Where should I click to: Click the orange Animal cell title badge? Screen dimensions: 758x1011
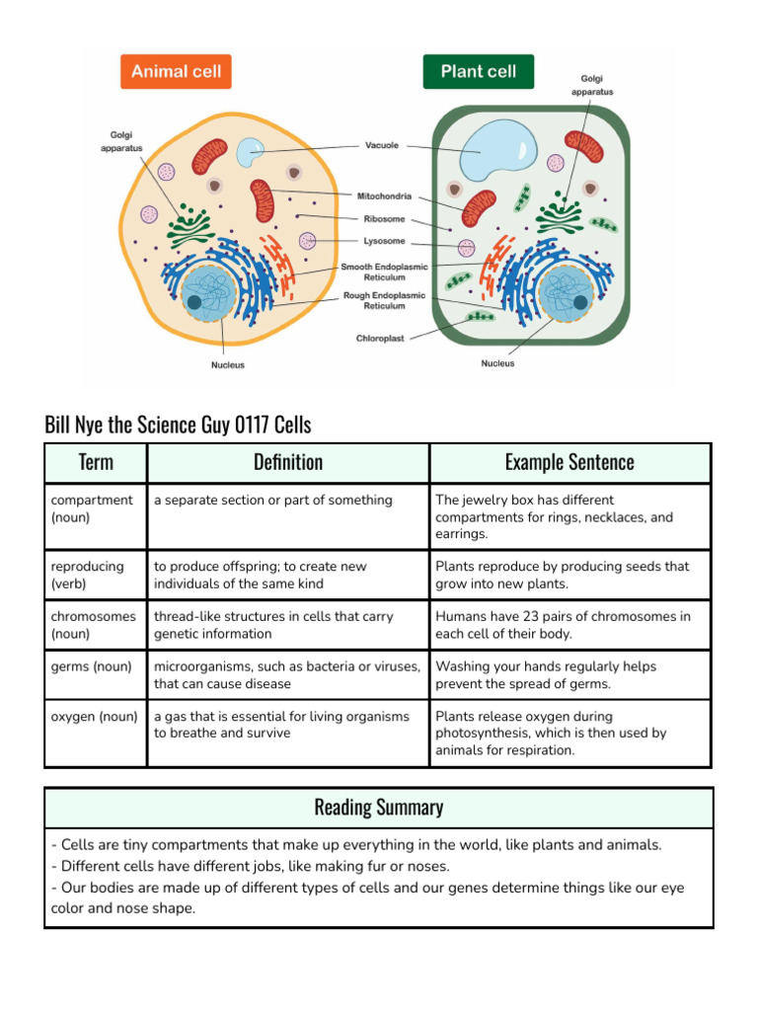point(176,72)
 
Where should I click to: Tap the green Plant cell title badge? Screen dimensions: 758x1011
point(478,72)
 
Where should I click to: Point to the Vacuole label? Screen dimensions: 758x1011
point(382,145)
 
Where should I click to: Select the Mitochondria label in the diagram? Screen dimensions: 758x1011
point(384,195)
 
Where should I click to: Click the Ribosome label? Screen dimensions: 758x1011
point(384,219)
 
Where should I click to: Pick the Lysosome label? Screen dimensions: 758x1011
point(384,241)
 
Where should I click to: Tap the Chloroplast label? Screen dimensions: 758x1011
point(380,339)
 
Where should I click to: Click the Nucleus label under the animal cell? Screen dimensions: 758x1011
point(228,365)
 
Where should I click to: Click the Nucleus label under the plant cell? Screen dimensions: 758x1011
point(497,363)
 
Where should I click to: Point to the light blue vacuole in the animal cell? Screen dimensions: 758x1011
point(251,152)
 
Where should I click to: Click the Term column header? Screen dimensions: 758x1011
point(96,462)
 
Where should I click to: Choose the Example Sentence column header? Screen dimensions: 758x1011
point(569,462)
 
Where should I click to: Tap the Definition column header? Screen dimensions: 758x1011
point(287,462)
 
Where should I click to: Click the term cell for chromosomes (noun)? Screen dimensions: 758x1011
point(94,625)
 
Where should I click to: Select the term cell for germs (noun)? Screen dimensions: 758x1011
point(91,666)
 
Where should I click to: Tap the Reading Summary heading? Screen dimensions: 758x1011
point(378,808)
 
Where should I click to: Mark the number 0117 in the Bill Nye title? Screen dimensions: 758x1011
point(252,426)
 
